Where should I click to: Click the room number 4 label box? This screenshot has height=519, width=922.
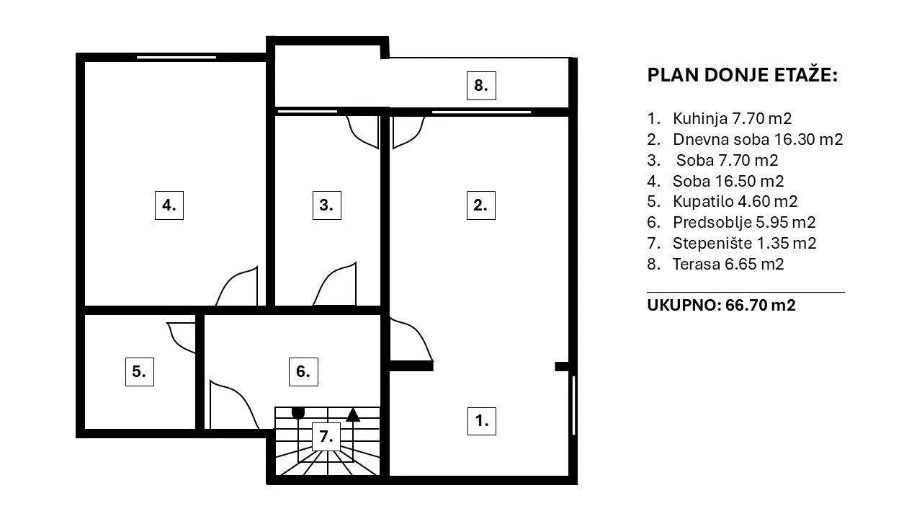pyautogui.click(x=169, y=205)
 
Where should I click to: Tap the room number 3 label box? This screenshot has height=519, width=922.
pyautogui.click(x=327, y=205)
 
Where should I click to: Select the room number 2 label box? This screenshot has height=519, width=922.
pyautogui.click(x=480, y=205)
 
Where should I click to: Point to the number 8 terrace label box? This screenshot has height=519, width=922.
pyautogui.click(x=481, y=86)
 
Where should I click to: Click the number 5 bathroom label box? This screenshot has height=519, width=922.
pyautogui.click(x=140, y=371)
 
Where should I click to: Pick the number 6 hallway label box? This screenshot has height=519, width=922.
pyautogui.click(x=303, y=371)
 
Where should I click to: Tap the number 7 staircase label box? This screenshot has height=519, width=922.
pyautogui.click(x=326, y=437)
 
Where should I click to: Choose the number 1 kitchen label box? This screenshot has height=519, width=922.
pyautogui.click(x=482, y=421)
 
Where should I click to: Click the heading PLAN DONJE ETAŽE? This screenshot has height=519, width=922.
pyautogui.click(x=742, y=76)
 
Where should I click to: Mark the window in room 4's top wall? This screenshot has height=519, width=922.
pyautogui.click(x=176, y=57)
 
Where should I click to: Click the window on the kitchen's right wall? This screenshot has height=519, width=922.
pyautogui.click(x=573, y=405)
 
